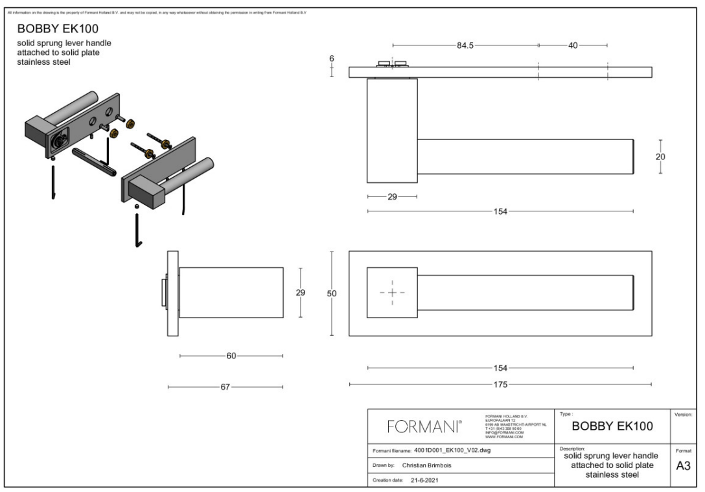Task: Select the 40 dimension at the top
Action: [573, 46]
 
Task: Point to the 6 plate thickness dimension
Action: [332, 58]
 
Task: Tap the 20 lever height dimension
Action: [660, 156]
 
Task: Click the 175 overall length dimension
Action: [500, 384]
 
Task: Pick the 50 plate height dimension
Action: [332, 294]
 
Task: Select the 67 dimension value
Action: [225, 387]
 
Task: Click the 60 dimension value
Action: [231, 356]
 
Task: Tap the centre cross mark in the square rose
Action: [392, 293]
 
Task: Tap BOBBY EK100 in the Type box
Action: [612, 426]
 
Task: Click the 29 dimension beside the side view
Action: [300, 292]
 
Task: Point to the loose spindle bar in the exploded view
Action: [95, 162]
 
